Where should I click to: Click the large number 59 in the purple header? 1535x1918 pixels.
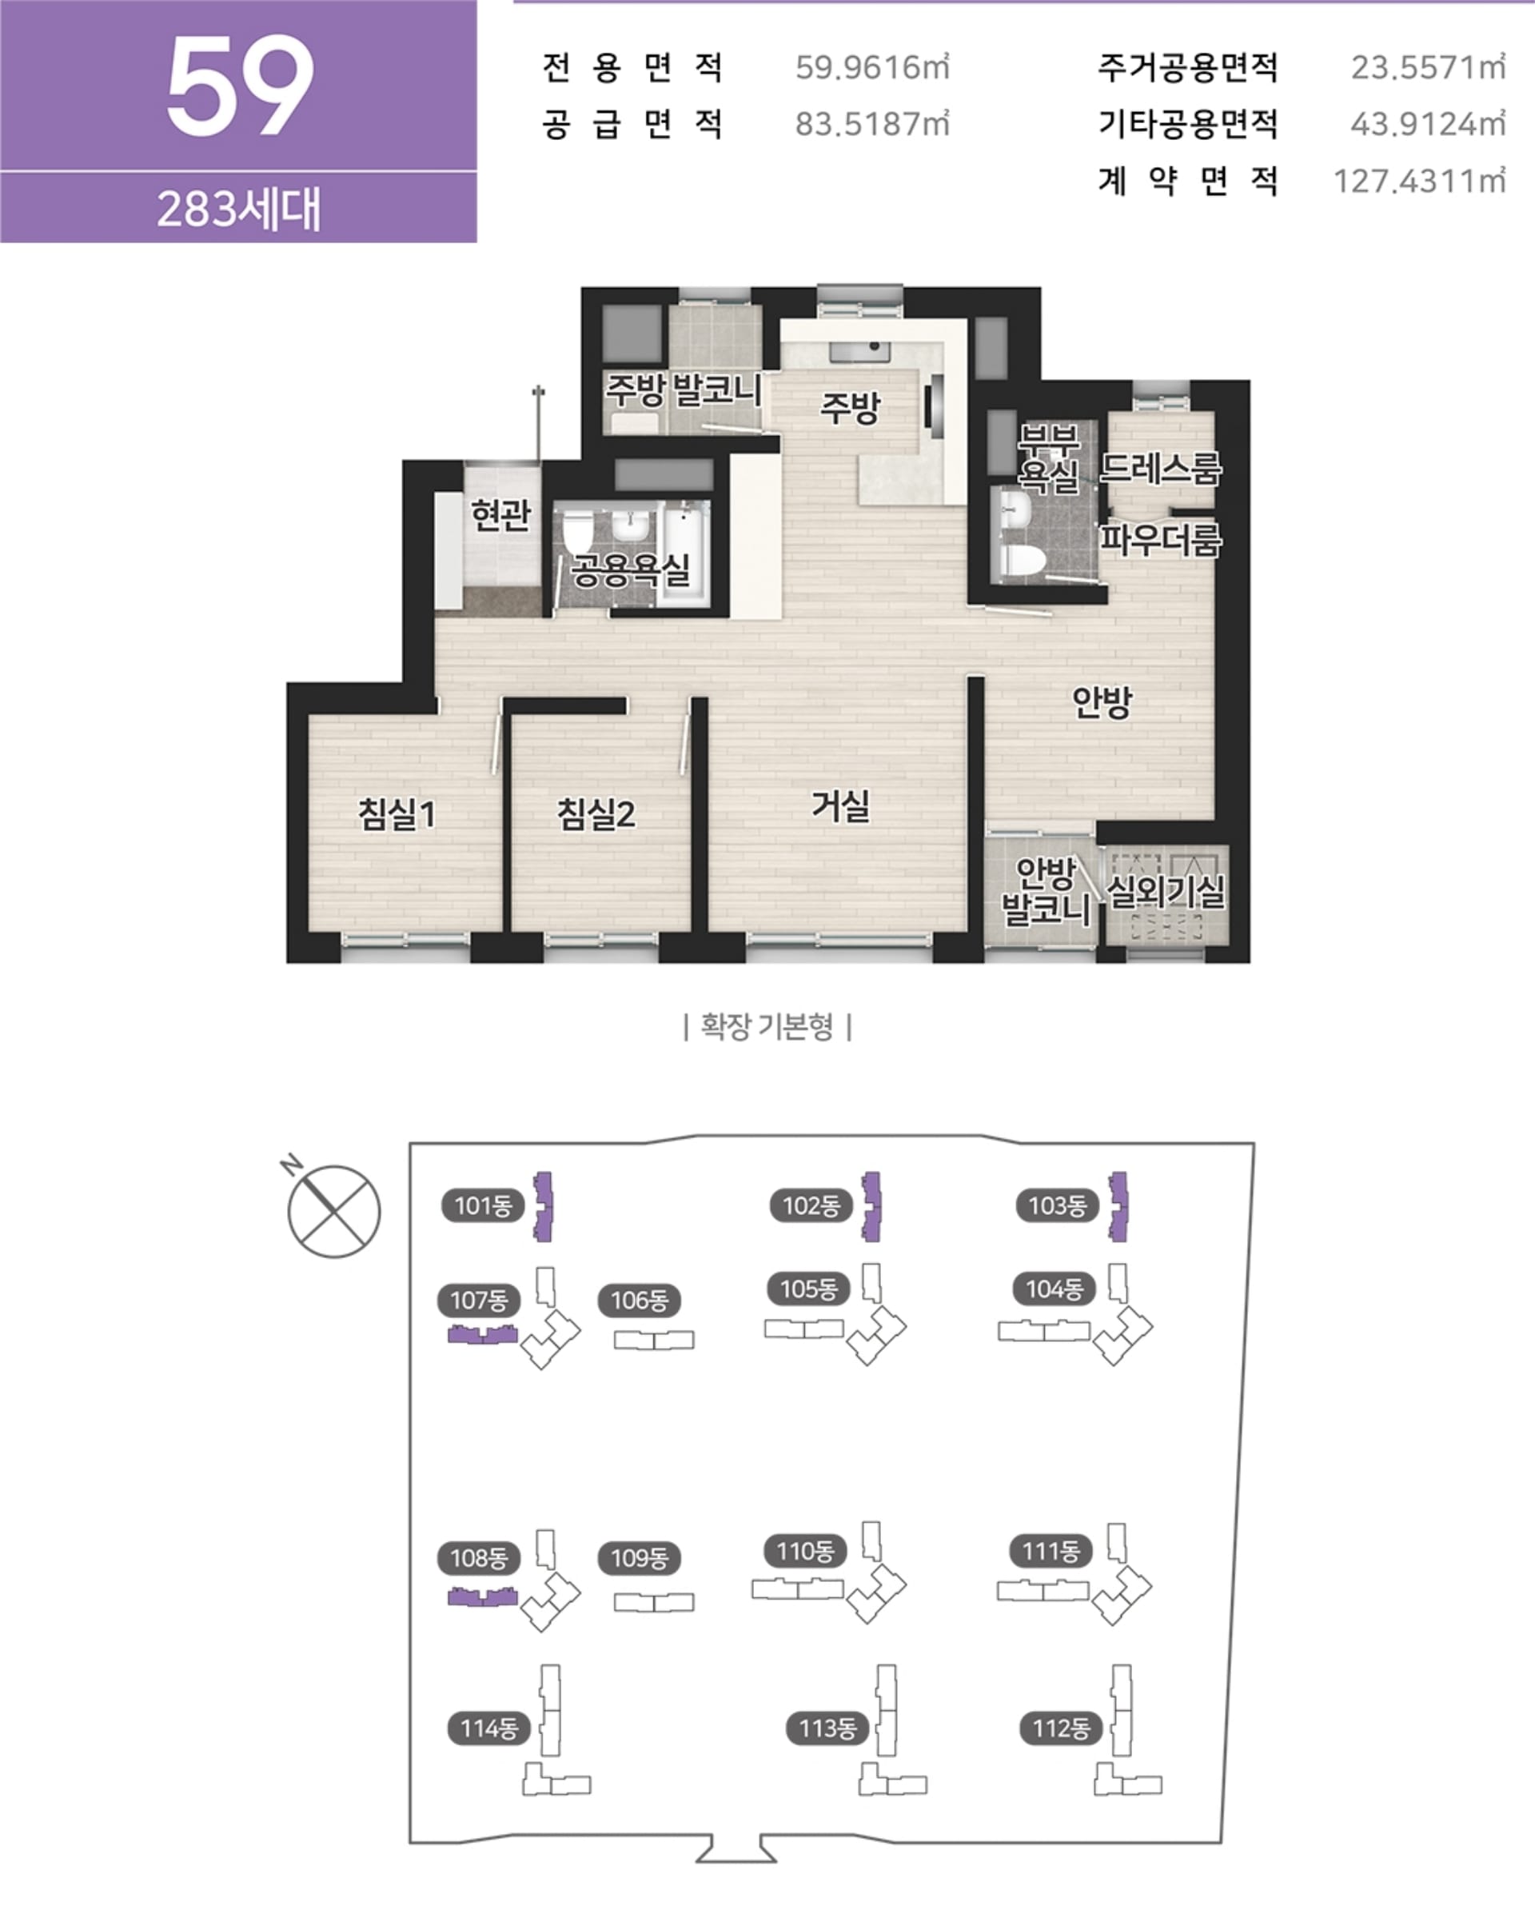coord(240,86)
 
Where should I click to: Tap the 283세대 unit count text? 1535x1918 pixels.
coord(238,210)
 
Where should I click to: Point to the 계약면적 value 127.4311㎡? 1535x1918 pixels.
coord(1419,182)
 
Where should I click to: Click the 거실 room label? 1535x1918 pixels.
coord(840,806)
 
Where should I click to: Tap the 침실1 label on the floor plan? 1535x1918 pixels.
coord(397,813)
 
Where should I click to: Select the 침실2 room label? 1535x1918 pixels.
coord(596,813)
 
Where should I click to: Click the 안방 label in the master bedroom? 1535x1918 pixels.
coord(1102,702)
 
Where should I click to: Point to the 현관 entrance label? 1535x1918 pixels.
coord(500,513)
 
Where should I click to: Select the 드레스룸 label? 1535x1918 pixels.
coord(1161,467)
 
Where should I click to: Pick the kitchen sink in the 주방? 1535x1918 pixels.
coord(859,350)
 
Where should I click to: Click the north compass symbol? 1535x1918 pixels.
coord(333,1211)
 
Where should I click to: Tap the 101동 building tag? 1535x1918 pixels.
coord(483,1206)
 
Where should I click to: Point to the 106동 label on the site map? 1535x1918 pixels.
coord(640,1301)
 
